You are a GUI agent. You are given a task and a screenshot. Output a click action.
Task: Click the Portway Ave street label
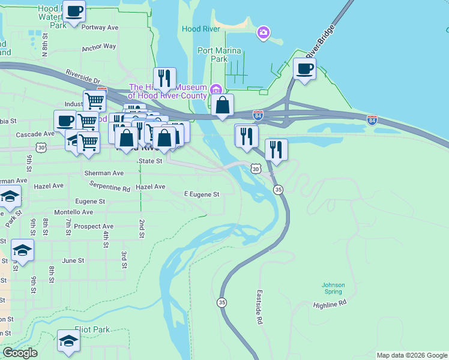click(x=100, y=28)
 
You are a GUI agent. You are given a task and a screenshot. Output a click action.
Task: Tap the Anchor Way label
click(x=99, y=46)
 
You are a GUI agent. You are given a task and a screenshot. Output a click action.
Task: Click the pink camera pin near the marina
click(x=263, y=32)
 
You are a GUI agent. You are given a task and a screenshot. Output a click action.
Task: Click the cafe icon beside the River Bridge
click(x=304, y=68)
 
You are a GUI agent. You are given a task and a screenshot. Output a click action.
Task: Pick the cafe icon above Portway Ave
click(x=74, y=11)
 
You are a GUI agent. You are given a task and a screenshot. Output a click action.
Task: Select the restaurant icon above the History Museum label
click(x=164, y=78)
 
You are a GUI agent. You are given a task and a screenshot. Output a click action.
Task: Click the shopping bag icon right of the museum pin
click(x=222, y=105)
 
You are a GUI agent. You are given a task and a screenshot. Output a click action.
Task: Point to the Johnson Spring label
click(x=333, y=289)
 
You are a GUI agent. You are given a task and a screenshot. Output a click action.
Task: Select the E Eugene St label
click(x=201, y=194)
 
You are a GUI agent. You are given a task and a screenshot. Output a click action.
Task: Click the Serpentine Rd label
click(x=110, y=188)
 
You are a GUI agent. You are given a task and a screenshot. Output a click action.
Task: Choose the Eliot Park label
click(x=92, y=329)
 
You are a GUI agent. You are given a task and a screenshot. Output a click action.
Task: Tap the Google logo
click(x=20, y=353)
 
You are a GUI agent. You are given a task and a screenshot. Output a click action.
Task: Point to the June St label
click(x=73, y=260)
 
